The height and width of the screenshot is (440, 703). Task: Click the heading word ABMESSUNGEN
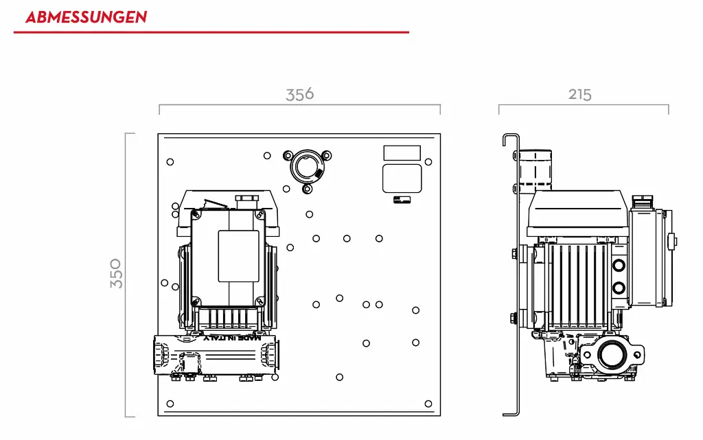[86, 16]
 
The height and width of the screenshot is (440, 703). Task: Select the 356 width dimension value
[300, 94]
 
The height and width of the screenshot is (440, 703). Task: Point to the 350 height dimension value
[116, 273]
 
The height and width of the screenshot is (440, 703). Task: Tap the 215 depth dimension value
[580, 95]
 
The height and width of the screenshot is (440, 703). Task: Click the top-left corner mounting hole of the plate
[170, 162]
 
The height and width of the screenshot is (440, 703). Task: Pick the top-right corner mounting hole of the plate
[428, 162]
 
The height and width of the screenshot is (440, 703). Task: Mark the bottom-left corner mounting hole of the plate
[170, 404]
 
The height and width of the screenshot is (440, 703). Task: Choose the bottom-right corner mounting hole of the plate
[428, 404]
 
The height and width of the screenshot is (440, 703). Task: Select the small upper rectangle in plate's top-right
[402, 153]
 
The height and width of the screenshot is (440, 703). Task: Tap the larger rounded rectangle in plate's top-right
[402, 178]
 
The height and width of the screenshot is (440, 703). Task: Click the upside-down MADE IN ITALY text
[233, 337]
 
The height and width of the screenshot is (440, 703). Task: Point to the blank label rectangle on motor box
[238, 255]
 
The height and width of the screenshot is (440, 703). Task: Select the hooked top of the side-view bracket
[509, 137]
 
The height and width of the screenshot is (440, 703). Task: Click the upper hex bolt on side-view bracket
[514, 255]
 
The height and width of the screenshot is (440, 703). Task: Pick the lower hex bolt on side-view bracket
[514, 317]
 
